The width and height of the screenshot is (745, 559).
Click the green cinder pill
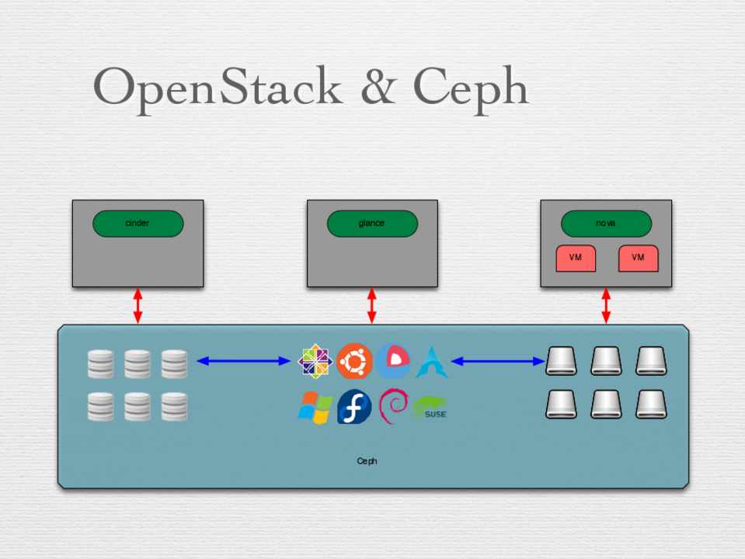tap(138, 224)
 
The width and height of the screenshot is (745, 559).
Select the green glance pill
tap(372, 224)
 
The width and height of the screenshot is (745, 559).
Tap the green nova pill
tap(606, 224)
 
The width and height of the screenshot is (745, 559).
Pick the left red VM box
tap(576, 259)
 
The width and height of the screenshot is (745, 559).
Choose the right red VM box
tap(638, 259)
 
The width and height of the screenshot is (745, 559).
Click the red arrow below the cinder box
tap(138, 306)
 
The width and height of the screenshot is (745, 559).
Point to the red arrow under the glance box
tap(372, 306)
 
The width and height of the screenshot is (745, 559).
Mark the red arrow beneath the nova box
tap(606, 306)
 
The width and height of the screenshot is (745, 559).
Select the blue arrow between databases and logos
tap(243, 360)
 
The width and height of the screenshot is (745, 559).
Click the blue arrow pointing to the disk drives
tap(498, 360)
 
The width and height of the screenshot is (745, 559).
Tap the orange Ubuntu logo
tap(354, 361)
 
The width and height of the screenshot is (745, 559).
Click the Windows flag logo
tap(315, 407)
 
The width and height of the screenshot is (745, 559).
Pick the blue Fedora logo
tap(354, 407)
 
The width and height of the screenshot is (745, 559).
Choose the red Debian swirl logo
tap(393, 407)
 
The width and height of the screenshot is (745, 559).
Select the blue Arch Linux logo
tap(431, 362)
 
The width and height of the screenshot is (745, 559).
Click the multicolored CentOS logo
tap(315, 361)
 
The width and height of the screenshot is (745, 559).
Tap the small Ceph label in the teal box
tap(367, 461)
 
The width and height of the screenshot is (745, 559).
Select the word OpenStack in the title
tap(218, 87)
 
